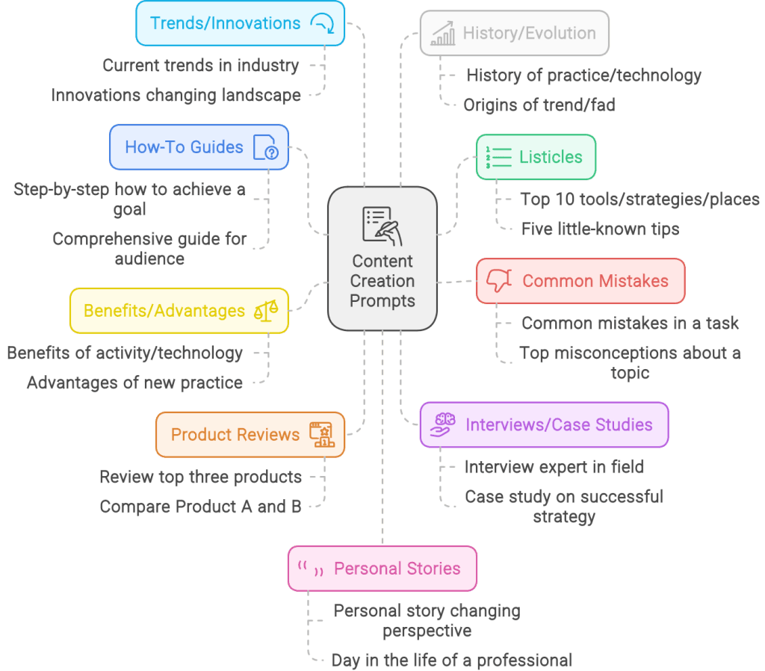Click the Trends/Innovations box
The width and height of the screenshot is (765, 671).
coord(240,23)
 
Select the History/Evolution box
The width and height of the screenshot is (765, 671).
coord(514,33)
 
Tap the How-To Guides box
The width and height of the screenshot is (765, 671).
coord(199,147)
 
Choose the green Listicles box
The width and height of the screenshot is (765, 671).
coord(536,157)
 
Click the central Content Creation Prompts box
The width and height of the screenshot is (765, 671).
coord(382,259)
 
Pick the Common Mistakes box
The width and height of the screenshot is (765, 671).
coord(580,281)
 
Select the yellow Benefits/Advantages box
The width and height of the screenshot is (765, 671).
coord(179,311)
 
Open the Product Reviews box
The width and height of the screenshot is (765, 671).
coord(250,435)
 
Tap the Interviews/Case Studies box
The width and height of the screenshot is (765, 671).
coord(544,425)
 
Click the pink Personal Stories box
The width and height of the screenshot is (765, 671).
coord(382,569)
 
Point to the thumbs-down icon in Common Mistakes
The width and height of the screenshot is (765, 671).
coord(499,281)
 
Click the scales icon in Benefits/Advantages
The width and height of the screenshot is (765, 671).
coord(266,311)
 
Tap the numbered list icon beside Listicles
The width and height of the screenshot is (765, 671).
coord(498,157)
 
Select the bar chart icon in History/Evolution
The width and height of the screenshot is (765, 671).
coord(442,33)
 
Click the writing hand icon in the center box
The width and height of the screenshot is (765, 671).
coord(382,226)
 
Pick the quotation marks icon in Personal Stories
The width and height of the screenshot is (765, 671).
coord(311,569)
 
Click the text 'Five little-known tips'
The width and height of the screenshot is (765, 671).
coord(600,229)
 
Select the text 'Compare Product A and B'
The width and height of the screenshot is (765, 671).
coord(200,507)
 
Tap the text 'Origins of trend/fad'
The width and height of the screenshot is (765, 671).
coord(539,105)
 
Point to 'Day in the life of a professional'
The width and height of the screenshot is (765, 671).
coord(452,661)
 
